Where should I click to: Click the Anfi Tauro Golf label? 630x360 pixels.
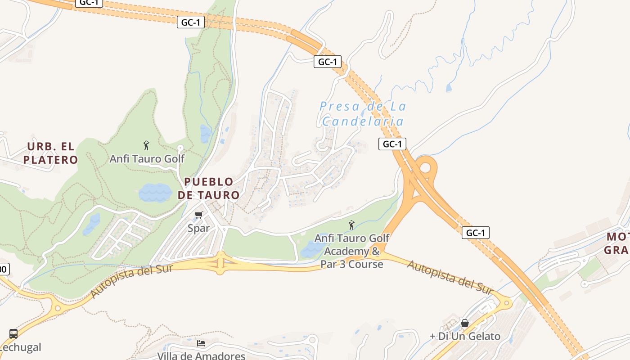pos(147,159)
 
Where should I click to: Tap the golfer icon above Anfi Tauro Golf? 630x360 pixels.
pos(146,145)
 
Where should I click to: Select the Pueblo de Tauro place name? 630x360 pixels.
pos(209,189)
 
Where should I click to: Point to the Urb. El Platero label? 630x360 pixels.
pos(51,153)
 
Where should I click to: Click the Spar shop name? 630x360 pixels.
pos(198,228)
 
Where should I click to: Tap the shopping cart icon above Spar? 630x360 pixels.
pos(199,215)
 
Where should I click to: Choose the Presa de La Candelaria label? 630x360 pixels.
pos(363,114)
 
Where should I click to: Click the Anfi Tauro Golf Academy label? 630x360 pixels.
pos(352,251)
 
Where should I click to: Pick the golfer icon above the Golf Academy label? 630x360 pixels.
pos(351,225)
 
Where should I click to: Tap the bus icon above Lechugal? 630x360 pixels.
pos(13,334)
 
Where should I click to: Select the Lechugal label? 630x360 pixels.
pos(21,347)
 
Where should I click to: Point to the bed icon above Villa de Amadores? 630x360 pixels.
pos(201,343)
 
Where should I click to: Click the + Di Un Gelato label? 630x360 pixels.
pos(465,336)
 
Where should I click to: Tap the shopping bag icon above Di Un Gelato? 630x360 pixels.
pos(465,323)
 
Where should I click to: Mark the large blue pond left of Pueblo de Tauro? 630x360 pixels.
pos(155,193)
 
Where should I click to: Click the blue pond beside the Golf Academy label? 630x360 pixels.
pos(310,249)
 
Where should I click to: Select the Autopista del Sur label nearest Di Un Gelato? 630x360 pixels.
pos(450,277)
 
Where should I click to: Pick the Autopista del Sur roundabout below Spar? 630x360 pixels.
pos(220,263)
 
